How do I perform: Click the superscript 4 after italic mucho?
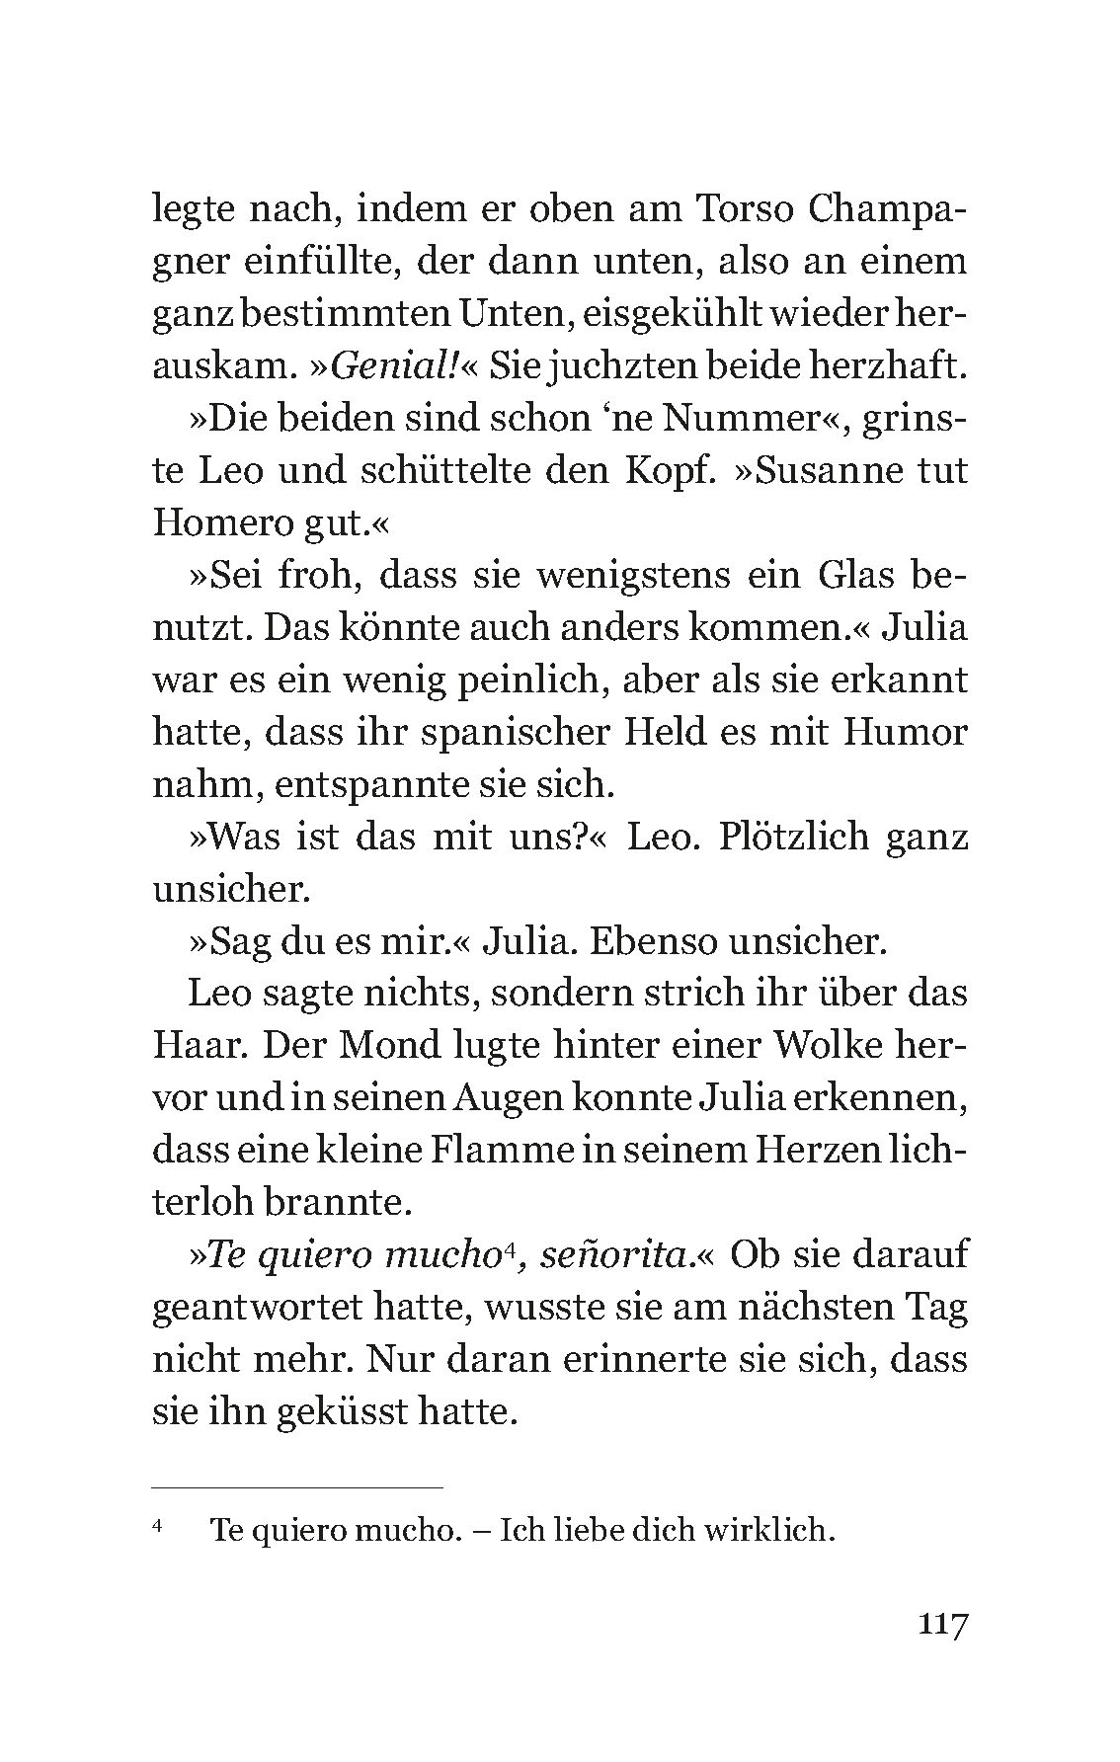(x=507, y=1248)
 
